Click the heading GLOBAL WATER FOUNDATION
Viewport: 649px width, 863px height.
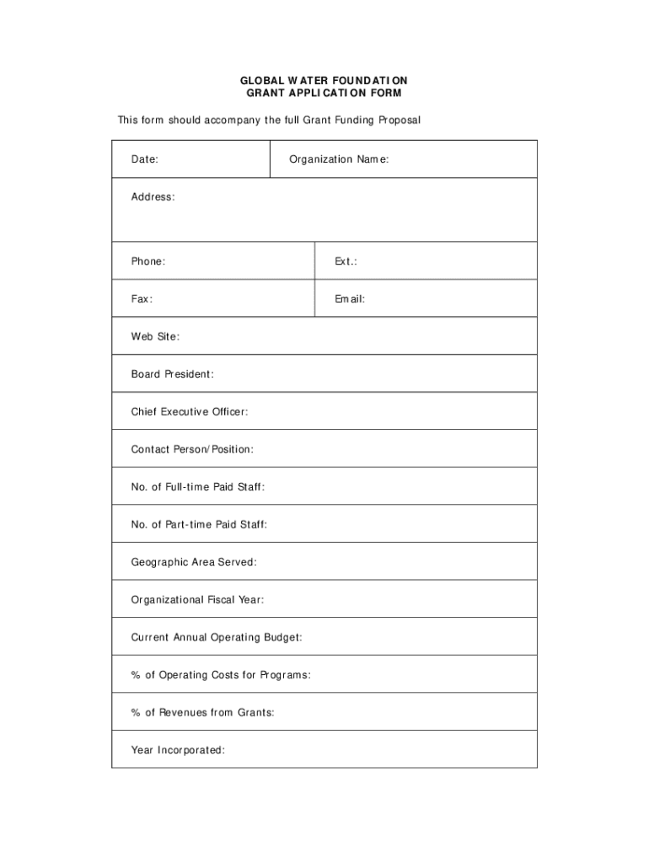click(x=324, y=80)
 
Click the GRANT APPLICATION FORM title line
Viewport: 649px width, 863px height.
click(x=324, y=93)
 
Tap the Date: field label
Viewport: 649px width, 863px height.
click(x=144, y=159)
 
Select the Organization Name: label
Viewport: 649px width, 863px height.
click(x=339, y=159)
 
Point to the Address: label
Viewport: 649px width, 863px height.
click(x=153, y=196)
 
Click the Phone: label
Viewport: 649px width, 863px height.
click(x=147, y=261)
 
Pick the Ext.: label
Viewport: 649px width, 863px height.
click(x=346, y=261)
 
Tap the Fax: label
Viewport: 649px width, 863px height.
click(x=142, y=298)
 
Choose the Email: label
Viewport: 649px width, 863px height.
click(x=350, y=298)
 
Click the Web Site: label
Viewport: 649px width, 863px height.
click(x=155, y=336)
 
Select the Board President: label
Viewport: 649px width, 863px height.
click(x=172, y=373)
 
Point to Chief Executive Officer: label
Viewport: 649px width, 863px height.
click(x=189, y=411)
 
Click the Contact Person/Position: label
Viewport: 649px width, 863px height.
click(x=192, y=449)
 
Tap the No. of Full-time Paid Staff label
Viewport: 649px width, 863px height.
click(x=198, y=486)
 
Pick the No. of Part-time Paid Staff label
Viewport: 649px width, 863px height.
click(x=199, y=524)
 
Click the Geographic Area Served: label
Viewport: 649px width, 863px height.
click(x=194, y=562)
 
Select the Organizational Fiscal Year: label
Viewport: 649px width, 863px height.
click(x=197, y=600)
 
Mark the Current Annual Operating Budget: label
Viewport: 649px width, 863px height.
click(x=217, y=637)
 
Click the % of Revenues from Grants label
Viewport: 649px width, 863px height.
click(x=202, y=712)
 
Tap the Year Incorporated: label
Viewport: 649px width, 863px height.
click(x=178, y=750)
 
